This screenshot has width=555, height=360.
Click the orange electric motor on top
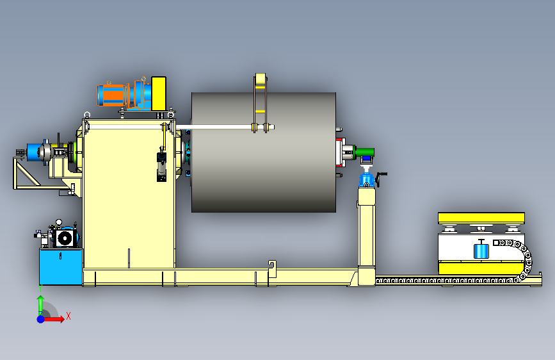coord(111,95)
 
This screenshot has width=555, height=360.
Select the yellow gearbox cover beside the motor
coord(159,93)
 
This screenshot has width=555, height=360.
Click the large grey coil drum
coord(264,152)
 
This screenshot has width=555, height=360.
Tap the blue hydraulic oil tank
coord(61,266)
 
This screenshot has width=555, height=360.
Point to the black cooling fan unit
coord(65,238)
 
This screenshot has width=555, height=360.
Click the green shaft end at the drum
coord(365,152)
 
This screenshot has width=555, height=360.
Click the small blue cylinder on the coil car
coord(481,249)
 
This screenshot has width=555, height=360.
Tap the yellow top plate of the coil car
coord(481,218)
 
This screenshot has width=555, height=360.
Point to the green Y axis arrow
coord(40,305)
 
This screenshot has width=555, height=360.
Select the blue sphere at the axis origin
coord(40,319)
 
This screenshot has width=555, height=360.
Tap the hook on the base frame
coord(272,269)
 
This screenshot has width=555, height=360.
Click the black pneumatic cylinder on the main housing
coord(161,167)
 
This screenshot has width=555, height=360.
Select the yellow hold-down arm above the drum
coord(260,102)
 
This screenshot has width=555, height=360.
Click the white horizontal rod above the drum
coord(225,127)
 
